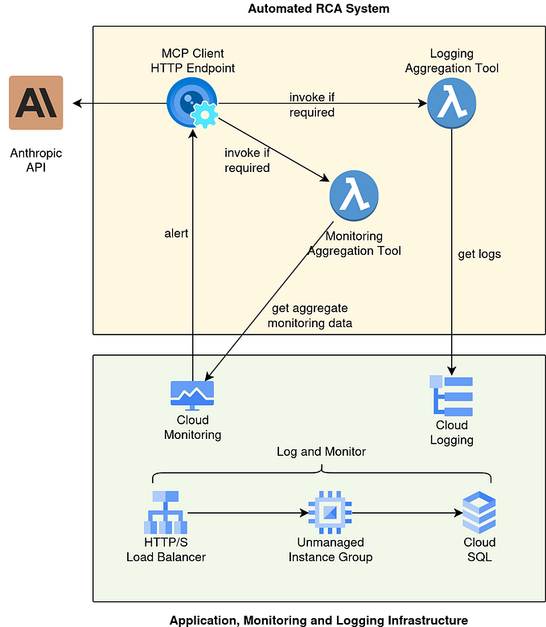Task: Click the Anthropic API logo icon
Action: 35,103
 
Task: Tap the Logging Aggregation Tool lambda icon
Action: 451,103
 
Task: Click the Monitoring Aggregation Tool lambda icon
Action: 354,196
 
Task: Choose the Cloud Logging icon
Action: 451,395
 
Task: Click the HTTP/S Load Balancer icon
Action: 166,512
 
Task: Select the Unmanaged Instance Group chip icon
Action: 330,512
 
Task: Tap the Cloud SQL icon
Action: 479,512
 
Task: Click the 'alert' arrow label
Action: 176,233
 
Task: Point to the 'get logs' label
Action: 479,254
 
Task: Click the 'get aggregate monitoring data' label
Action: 310,315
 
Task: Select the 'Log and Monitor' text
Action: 321,452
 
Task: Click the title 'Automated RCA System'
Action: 318,9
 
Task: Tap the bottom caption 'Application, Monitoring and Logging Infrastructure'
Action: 318,620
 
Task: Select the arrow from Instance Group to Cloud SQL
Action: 406,512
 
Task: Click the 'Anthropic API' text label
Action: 35,161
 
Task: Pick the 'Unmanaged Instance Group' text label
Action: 330,550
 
